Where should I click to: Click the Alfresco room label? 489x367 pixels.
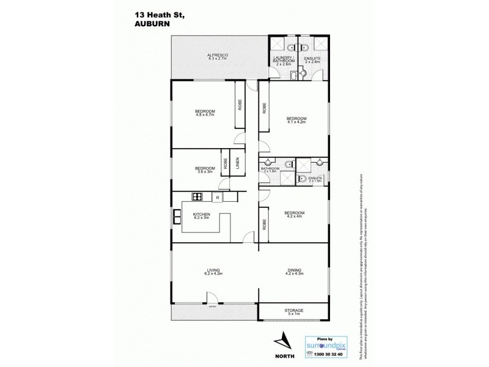pos(218,57)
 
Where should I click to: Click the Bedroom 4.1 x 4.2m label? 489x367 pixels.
pos(296,120)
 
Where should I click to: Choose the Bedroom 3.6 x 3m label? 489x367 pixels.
pos(205,170)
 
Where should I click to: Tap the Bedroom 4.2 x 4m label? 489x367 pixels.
pos(294,215)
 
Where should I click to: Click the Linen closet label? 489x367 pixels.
pos(238,163)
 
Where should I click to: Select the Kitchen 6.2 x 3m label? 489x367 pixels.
pos(201,216)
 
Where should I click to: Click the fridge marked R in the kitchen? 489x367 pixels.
pos(217,197)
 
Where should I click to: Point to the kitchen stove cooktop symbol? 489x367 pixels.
pos(197,197)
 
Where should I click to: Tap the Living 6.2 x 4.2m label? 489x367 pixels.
pos(213,271)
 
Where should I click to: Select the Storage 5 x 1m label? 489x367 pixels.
pos(294,312)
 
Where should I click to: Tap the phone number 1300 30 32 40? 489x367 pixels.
pos(327,354)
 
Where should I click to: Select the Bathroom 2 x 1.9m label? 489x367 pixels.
pos(270,170)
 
